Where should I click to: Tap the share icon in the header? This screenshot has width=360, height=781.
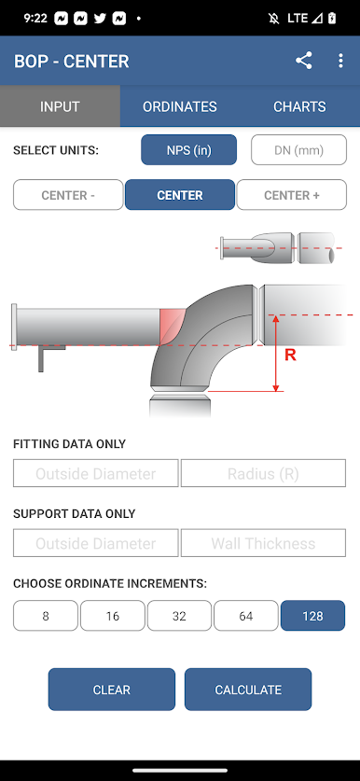click(304, 61)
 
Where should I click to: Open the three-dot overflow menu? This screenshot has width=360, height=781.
click(340, 61)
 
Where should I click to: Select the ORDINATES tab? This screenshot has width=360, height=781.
click(180, 106)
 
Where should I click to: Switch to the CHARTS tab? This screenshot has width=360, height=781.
click(299, 106)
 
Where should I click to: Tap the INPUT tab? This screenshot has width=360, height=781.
click(60, 106)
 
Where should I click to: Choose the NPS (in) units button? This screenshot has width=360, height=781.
click(188, 150)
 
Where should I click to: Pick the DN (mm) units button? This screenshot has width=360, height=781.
click(298, 150)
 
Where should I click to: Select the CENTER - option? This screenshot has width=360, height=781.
click(68, 195)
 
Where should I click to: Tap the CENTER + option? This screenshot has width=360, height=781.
click(292, 195)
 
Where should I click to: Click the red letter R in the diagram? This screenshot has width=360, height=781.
click(290, 356)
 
